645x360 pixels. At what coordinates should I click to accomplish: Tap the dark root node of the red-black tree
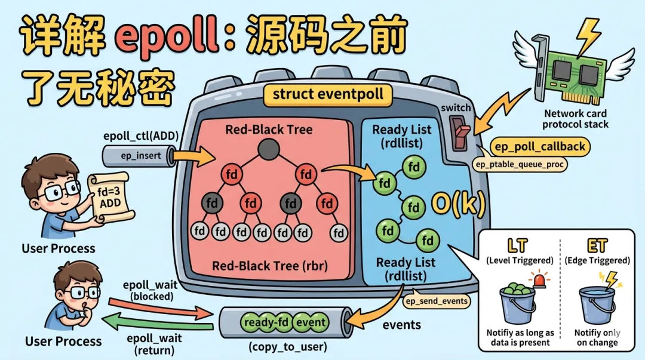pos(268,148)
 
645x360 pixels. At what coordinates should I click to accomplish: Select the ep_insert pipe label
pos(137,156)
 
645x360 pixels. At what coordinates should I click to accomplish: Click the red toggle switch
pos(459,132)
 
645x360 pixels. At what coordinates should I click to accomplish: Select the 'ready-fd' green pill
pos(267,322)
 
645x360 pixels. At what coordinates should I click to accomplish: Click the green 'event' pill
pos(311,322)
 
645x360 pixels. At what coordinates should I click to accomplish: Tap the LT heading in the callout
pos(518,245)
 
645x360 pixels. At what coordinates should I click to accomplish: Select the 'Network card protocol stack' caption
pos(575,119)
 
